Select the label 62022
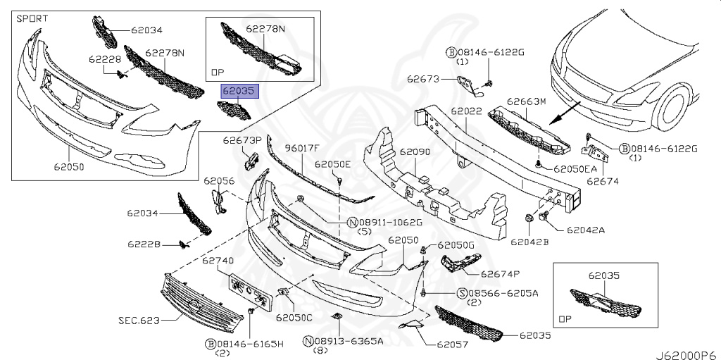[x=467, y=111]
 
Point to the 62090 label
[x=415, y=151]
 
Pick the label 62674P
[x=501, y=273]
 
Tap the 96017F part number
[x=302, y=148]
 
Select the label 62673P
[x=243, y=139]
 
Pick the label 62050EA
[x=576, y=168]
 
